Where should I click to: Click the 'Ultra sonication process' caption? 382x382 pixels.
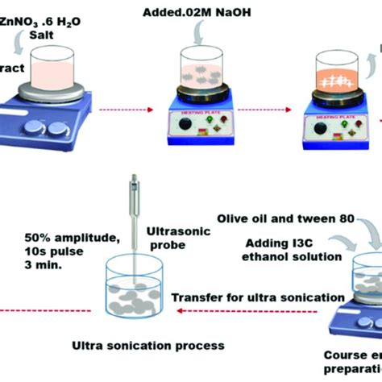click(149, 346)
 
